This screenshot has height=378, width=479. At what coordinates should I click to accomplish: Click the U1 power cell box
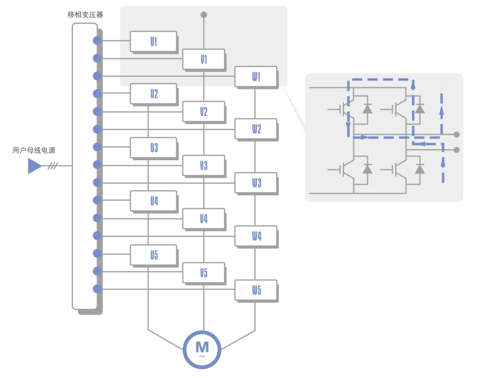[x=153, y=41]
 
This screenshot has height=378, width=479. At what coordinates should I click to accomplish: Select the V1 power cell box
[x=203, y=59]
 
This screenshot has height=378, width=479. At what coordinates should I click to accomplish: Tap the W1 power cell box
[x=256, y=77]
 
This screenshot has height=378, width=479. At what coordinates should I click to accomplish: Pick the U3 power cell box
[x=153, y=147]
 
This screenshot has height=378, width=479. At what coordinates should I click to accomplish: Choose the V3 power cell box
[x=203, y=166]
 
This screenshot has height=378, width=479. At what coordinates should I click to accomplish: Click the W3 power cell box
[x=256, y=183]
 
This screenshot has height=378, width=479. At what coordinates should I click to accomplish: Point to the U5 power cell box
[x=153, y=254]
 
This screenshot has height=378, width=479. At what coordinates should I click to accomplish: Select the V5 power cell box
[x=203, y=273]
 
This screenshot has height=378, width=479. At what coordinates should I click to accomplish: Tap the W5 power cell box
[x=256, y=290]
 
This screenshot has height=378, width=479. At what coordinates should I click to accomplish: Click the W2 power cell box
[x=256, y=129]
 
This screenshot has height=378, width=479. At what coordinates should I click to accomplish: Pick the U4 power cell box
[x=153, y=201]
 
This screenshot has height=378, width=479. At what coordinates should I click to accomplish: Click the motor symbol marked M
[x=202, y=349]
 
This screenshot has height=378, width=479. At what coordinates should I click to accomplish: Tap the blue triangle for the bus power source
[x=35, y=166]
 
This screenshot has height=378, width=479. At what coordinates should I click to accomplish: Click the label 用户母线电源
[x=34, y=151]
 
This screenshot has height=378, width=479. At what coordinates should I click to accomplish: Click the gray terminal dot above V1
[x=204, y=15]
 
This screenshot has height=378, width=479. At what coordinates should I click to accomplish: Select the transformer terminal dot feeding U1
[x=97, y=40]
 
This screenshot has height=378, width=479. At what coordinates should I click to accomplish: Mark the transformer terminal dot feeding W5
[x=97, y=289]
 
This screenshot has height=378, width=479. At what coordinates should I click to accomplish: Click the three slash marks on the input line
[x=52, y=166]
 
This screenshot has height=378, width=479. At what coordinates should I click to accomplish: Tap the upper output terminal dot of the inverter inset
[x=457, y=135]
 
